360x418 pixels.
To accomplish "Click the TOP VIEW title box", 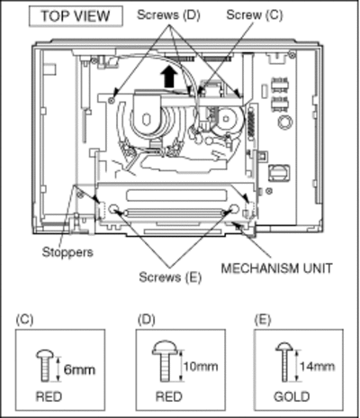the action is pyautogui.click(x=76, y=16).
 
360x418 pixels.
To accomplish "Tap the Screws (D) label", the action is pyautogui.click(x=168, y=15).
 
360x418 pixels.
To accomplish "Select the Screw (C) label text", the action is pyautogui.click(x=255, y=14).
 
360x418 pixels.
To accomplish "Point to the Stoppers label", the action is pyautogui.click(x=67, y=252).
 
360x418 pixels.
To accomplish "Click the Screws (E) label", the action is pyautogui.click(x=170, y=277).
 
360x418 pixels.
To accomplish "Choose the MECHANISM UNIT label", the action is pyautogui.click(x=276, y=268).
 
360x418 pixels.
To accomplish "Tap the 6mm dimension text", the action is pyautogui.click(x=79, y=369).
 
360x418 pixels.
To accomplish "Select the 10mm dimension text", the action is pyautogui.click(x=201, y=367).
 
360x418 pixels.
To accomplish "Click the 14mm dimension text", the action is pyautogui.click(x=317, y=367).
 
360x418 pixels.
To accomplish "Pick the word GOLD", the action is pyautogui.click(x=292, y=397).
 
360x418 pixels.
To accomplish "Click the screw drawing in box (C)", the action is pyautogui.click(x=45, y=366).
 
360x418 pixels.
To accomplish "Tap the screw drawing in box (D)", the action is pyautogui.click(x=164, y=361).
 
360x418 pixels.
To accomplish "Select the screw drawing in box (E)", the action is pyautogui.click(x=284, y=362).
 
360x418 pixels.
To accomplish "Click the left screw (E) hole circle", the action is pyautogui.click(x=113, y=209).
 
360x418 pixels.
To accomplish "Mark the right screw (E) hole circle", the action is pyautogui.click(x=234, y=209).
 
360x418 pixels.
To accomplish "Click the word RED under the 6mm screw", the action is pyautogui.click(x=49, y=396).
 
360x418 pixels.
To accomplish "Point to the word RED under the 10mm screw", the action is pyautogui.click(x=169, y=396).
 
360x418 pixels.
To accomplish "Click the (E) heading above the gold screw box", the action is pyautogui.click(x=262, y=320).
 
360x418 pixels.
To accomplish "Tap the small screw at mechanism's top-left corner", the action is pyautogui.click(x=112, y=101).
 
